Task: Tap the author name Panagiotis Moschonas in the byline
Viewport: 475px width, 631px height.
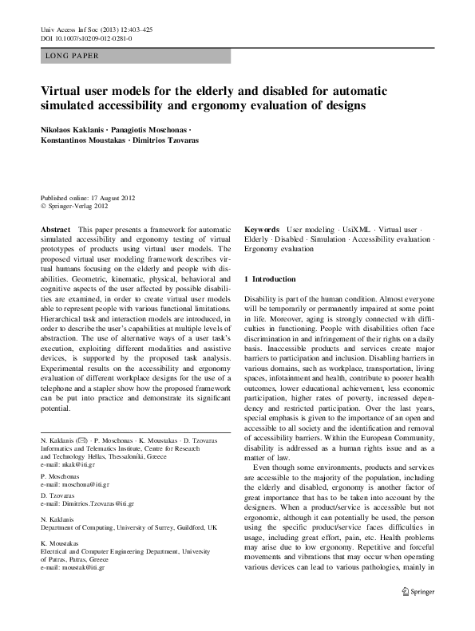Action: [x=152, y=129]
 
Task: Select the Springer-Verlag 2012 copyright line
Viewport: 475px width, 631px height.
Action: [x=77, y=206]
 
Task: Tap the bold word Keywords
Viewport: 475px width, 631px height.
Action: [x=262, y=228]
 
